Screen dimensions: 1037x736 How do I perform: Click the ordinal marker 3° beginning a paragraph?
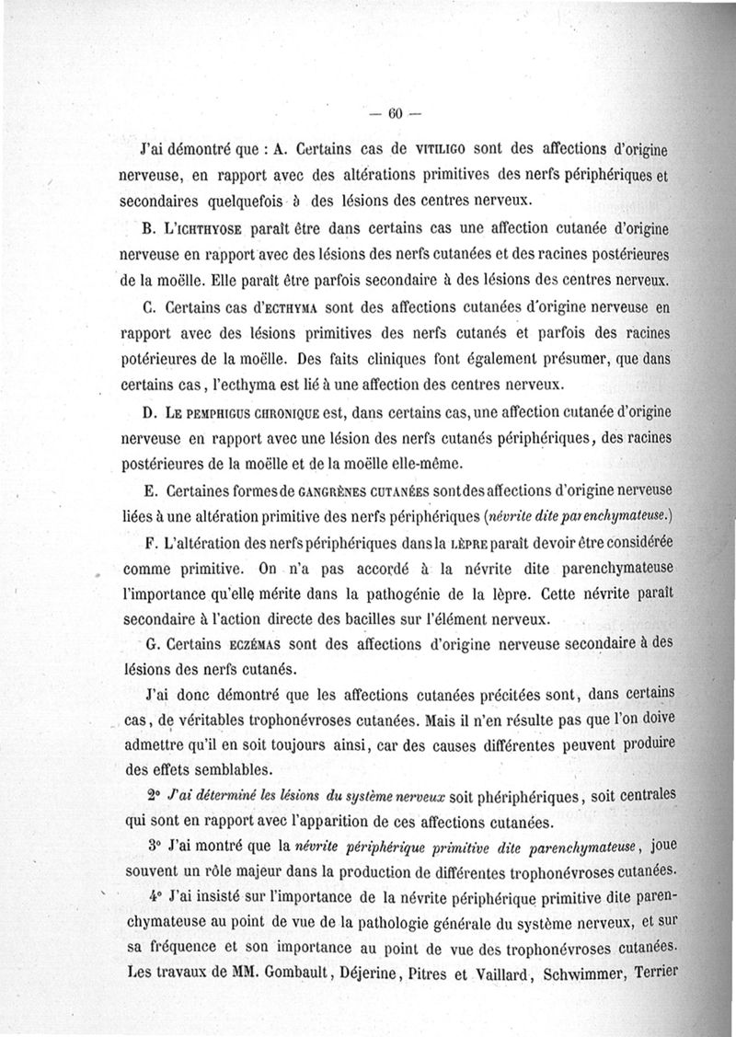pos(154,844)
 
